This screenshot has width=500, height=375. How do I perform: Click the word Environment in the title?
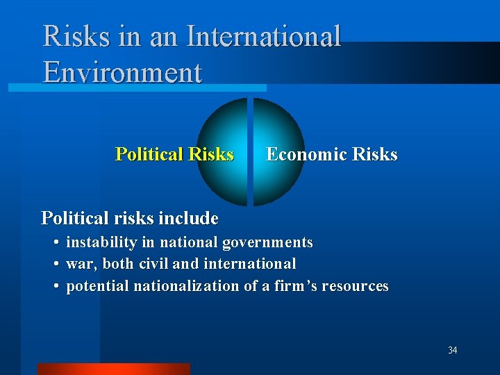(122, 72)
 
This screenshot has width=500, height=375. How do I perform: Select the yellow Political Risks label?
(174, 154)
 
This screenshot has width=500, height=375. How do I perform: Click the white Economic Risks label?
(332, 154)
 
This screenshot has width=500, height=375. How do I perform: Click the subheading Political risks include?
(130, 218)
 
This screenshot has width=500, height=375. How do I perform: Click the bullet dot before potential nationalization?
(54, 286)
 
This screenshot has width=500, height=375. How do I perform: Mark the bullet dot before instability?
(54, 243)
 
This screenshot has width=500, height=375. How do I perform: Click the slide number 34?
(452, 350)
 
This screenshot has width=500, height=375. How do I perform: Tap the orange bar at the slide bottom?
(113, 369)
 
